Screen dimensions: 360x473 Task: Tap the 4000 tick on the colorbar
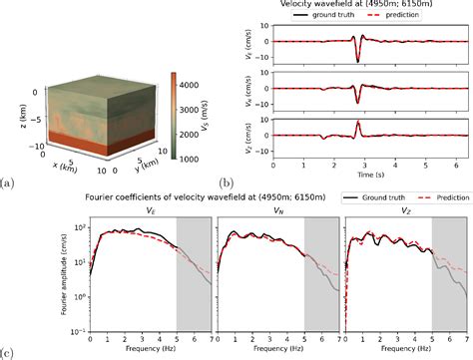185,86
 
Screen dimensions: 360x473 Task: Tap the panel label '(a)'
9,183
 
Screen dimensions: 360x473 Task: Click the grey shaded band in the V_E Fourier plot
190,279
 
